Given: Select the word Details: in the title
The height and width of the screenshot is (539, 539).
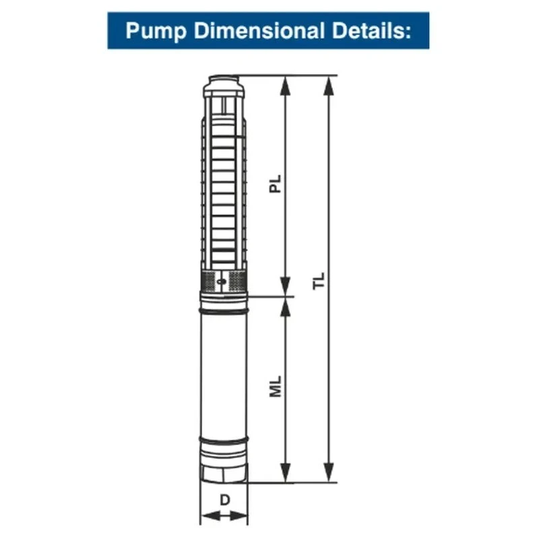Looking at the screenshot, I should click(x=373, y=30).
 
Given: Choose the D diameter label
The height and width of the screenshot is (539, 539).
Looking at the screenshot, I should click(x=224, y=501).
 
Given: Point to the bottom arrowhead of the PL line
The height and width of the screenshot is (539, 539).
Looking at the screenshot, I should click(x=286, y=288).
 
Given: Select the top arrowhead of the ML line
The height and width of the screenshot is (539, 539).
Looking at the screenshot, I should click(x=286, y=305).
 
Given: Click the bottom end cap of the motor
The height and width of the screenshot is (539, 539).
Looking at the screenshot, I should click(x=224, y=468).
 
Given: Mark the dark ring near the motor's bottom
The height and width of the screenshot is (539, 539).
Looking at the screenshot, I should click(x=224, y=441).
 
